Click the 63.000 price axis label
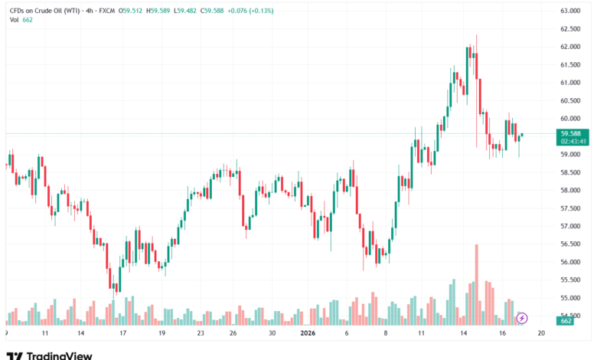click(x=570, y=11)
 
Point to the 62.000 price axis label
click(x=570, y=47)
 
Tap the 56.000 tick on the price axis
click(x=570, y=262)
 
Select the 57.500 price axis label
click(x=570, y=208)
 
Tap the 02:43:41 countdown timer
click(x=573, y=141)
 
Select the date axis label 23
click(x=200, y=334)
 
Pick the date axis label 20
click(x=541, y=334)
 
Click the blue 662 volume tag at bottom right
click(x=567, y=322)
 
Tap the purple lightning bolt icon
click(x=523, y=317)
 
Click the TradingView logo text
click(x=59, y=355)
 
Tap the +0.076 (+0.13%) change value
click(x=258, y=10)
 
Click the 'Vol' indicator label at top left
click(x=14, y=20)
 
